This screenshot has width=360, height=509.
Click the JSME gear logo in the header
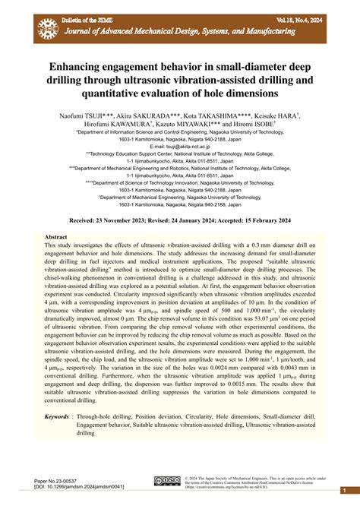click(x=48, y=28)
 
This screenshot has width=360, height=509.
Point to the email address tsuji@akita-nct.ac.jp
click(x=179, y=147)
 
